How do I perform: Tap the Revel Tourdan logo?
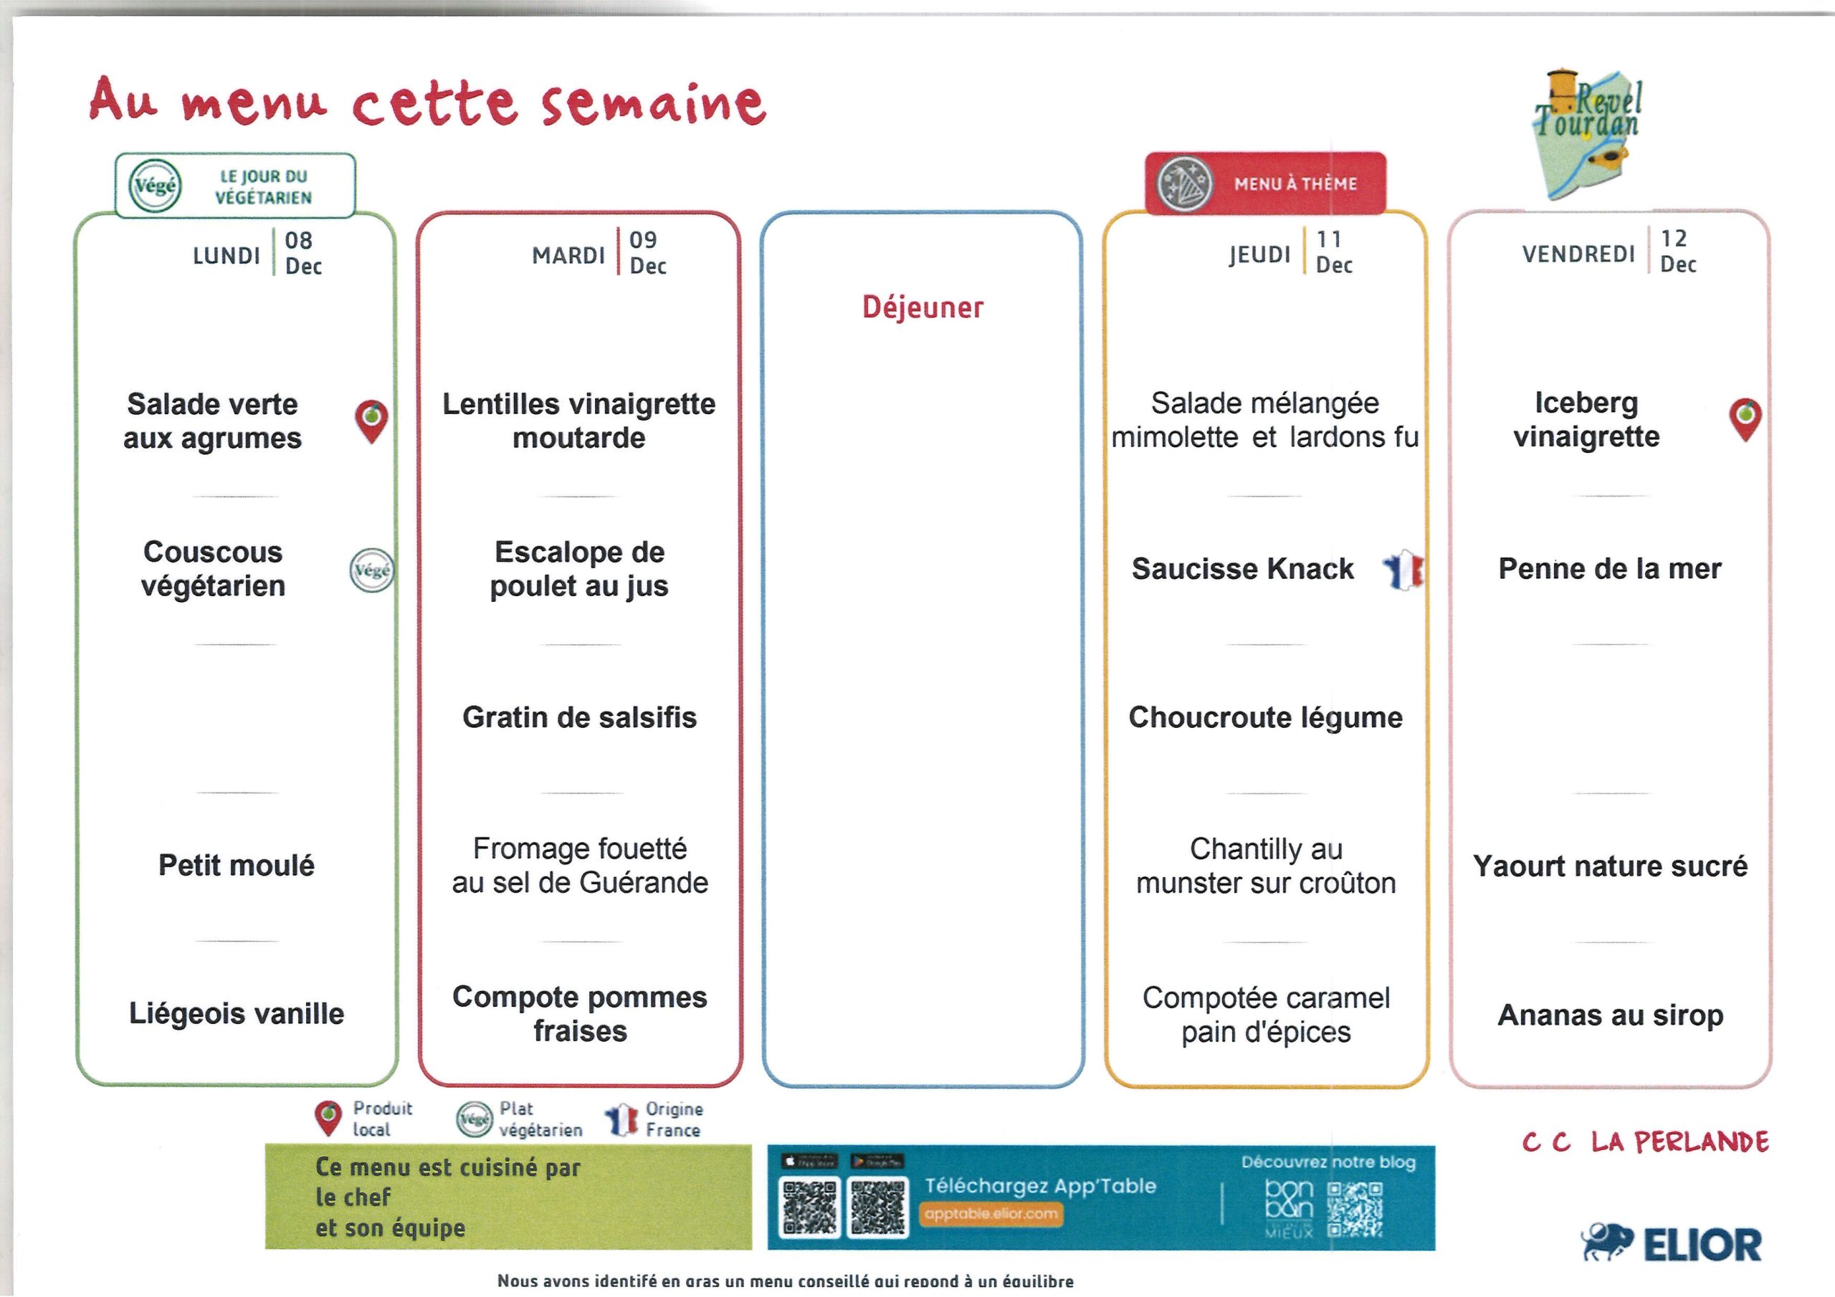click(1587, 132)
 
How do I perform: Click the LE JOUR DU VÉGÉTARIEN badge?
click(235, 186)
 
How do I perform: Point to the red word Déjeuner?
click(923, 307)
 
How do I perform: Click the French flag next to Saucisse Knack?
click(1403, 569)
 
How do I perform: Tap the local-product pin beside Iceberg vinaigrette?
click(1745, 419)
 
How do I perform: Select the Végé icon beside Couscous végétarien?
click(371, 570)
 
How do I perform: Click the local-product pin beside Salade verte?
click(371, 421)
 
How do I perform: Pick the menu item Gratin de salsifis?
click(579, 717)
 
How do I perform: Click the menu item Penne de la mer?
click(1610, 569)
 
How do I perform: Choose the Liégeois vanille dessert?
click(237, 1014)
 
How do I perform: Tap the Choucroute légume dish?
click(1265, 717)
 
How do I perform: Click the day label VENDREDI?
click(1578, 254)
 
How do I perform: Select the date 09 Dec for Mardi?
click(647, 252)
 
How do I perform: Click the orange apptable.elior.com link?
click(991, 1214)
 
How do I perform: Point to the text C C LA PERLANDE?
click(1645, 1142)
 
